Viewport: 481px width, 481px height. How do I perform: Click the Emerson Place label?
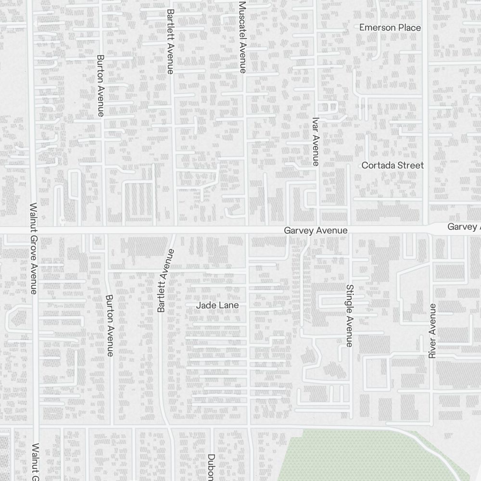point(390,27)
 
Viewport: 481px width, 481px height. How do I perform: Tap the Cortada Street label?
point(392,165)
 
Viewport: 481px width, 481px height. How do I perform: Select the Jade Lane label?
point(217,305)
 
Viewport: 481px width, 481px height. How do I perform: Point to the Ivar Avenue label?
point(316,142)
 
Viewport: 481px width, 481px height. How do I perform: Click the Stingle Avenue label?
point(349,316)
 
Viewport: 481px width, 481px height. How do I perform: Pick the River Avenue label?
point(432,331)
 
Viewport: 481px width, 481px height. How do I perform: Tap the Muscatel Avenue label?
point(242,37)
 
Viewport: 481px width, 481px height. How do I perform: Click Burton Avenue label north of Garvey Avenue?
point(101,86)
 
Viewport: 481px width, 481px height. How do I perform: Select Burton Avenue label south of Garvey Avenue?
point(110,326)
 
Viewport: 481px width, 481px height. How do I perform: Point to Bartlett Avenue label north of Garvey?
point(170,41)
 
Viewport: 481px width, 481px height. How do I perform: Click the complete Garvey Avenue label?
point(316,231)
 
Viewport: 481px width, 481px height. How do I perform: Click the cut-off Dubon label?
point(211,467)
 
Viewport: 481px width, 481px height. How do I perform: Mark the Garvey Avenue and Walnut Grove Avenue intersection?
point(34,231)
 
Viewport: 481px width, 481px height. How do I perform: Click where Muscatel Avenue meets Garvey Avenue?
point(247,231)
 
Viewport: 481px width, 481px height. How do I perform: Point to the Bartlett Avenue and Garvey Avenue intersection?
point(174,231)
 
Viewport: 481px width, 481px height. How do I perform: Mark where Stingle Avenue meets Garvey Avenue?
point(350,231)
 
